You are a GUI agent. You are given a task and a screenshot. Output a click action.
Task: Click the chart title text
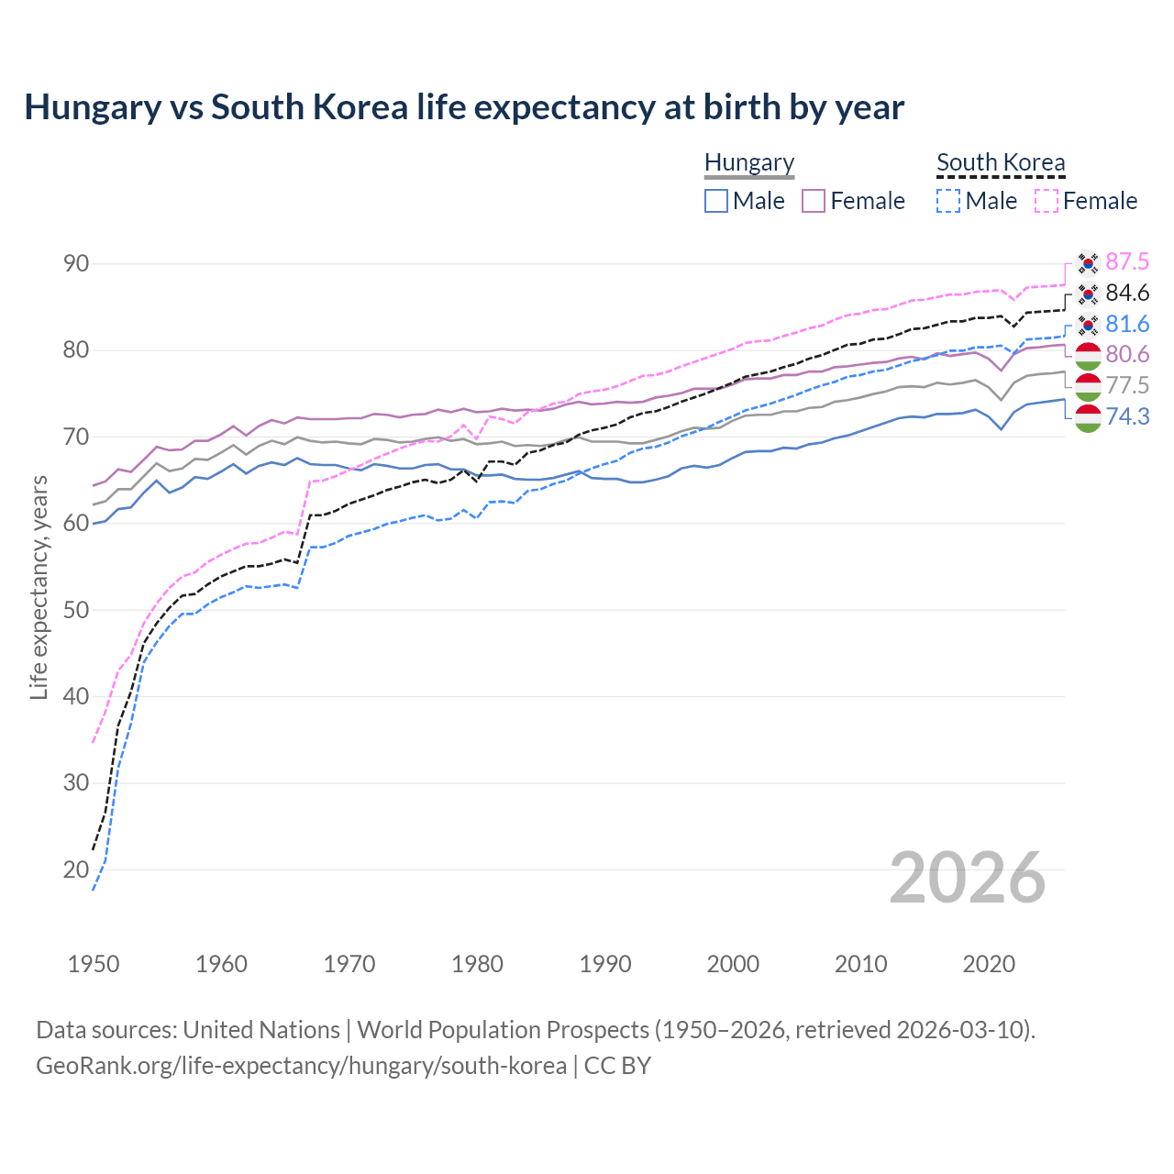click(464, 107)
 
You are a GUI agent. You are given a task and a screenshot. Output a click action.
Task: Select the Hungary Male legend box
click(716, 201)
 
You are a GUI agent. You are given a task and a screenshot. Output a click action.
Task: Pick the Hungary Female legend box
click(814, 201)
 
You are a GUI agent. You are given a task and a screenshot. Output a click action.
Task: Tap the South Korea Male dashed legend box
click(948, 201)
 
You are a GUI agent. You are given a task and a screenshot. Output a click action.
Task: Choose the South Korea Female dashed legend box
click(1047, 201)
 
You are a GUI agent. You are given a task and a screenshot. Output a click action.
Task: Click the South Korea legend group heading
click(1001, 162)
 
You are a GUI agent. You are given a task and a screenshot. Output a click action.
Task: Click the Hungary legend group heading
click(749, 162)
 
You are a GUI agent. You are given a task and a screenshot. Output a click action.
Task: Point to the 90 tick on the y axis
click(76, 264)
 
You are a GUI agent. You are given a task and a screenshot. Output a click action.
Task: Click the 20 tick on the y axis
click(76, 869)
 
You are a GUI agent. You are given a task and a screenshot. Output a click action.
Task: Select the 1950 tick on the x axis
click(94, 964)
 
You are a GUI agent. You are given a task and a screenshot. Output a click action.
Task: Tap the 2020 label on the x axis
click(989, 964)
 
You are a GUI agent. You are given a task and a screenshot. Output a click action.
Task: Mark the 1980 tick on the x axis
click(478, 964)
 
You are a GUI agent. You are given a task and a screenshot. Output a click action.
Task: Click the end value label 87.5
click(1127, 262)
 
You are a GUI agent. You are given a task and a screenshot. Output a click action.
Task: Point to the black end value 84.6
click(1127, 293)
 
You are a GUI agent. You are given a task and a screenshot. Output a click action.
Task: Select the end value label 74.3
click(1127, 417)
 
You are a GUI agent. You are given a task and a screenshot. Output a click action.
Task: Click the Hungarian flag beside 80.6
click(1088, 355)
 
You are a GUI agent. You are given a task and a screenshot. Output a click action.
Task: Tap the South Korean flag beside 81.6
click(1088, 325)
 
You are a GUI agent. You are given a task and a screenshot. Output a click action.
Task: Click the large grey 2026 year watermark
click(968, 878)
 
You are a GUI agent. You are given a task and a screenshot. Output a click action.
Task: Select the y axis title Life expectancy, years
click(39, 588)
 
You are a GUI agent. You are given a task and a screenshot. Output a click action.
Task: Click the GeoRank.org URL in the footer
click(301, 1066)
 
